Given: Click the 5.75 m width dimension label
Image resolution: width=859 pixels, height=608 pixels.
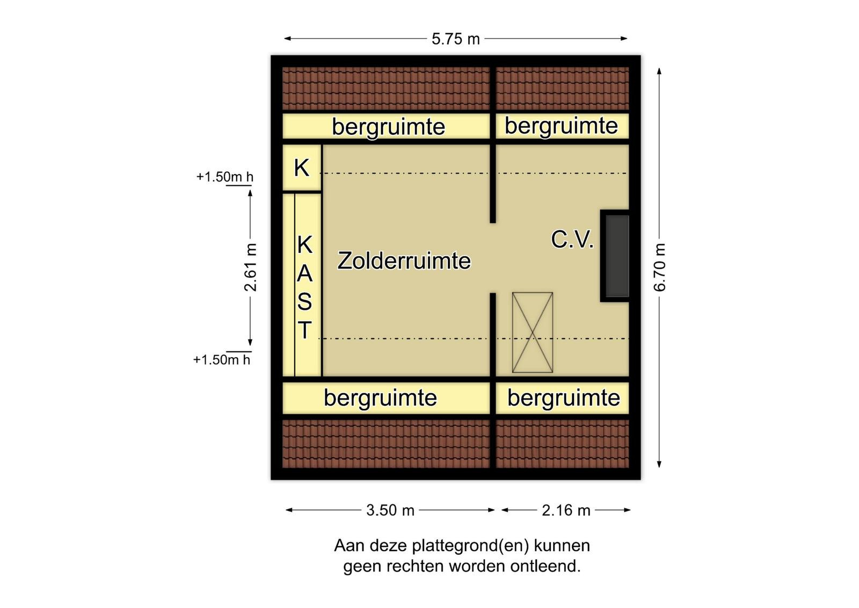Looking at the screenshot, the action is pyautogui.click(x=456, y=39).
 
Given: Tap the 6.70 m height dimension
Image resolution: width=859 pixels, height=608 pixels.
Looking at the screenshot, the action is pyautogui.click(x=660, y=267).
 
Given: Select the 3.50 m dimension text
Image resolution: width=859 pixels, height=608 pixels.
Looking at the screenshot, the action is pyautogui.click(x=390, y=510).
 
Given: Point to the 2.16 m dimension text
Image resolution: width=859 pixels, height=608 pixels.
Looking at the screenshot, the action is pyautogui.click(x=566, y=510).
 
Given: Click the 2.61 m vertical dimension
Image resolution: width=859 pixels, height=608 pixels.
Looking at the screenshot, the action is pyautogui.click(x=250, y=267).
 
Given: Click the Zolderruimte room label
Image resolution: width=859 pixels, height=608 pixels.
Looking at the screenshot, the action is pyautogui.click(x=404, y=261).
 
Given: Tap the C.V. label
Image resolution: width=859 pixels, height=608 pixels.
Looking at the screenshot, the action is pyautogui.click(x=572, y=240).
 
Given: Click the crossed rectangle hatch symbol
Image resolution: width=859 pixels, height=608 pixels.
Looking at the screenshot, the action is pyautogui.click(x=533, y=332).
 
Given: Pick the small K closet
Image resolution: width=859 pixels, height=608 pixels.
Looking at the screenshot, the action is pyautogui.click(x=302, y=168).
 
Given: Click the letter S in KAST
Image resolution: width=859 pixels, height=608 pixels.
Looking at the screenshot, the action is pyautogui.click(x=304, y=301).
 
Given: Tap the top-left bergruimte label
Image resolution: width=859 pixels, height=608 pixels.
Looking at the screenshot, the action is pyautogui.click(x=389, y=127).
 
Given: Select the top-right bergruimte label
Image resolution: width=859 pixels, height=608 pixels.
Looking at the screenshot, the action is pyautogui.click(x=561, y=126).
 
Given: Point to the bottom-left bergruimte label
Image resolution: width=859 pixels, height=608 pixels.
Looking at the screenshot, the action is pyautogui.click(x=381, y=398).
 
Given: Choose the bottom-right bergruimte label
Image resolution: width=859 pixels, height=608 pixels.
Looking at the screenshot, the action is pyautogui.click(x=564, y=398).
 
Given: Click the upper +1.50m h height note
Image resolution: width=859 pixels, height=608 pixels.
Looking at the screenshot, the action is pyautogui.click(x=225, y=177).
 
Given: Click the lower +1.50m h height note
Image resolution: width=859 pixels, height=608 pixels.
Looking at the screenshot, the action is pyautogui.click(x=222, y=360).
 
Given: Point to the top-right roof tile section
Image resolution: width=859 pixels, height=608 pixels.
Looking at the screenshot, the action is pyautogui.click(x=562, y=89).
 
